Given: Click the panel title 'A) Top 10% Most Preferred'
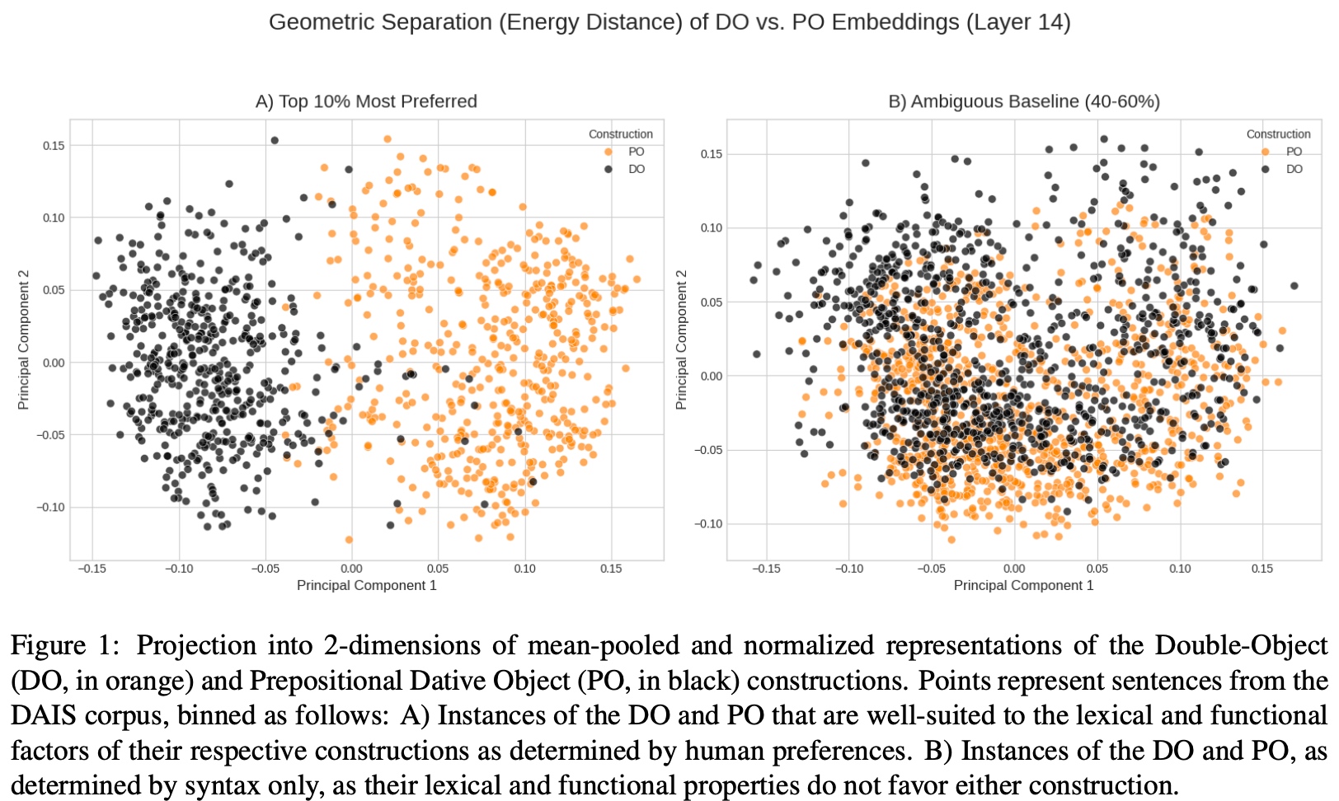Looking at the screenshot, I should (366, 101).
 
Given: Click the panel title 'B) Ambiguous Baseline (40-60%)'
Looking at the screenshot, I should (1023, 101).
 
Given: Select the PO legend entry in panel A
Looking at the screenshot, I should (636, 152).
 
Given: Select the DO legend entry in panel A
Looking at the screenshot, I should (636, 169).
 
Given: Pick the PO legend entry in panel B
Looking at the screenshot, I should (1294, 152).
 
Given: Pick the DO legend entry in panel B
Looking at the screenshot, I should (1294, 169).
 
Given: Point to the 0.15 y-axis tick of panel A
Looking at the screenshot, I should (54, 146).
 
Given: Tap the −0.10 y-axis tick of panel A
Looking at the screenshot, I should (50, 508).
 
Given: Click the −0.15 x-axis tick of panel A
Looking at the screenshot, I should (92, 569).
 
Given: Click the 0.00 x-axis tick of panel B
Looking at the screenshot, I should (1014, 569).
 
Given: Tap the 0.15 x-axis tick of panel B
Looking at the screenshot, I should (1262, 569).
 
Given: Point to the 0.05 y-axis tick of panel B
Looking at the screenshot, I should (712, 302).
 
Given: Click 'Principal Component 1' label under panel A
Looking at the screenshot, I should (366, 585).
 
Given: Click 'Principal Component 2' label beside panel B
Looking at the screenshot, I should (681, 340).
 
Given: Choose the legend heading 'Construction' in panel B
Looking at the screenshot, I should (1278, 134).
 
